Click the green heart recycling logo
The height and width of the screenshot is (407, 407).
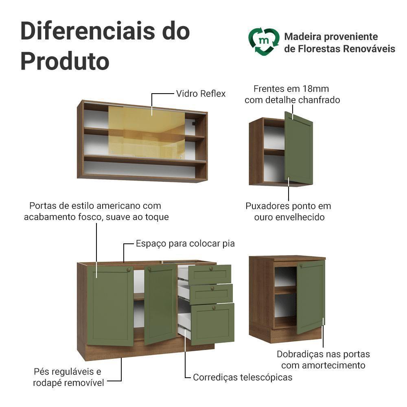coord(264,42)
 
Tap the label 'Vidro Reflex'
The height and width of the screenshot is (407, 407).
coord(201,94)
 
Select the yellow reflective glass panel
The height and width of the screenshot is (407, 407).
coord(146,133)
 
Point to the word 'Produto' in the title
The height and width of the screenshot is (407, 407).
coord(65,61)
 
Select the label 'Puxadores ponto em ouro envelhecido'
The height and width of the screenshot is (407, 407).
coord(288,211)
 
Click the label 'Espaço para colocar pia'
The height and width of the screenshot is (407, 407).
coord(185,243)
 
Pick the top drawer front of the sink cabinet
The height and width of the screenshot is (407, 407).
coord(210,274)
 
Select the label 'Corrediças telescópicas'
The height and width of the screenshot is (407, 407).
coord(243,377)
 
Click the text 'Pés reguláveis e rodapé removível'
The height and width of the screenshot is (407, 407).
coord(68,377)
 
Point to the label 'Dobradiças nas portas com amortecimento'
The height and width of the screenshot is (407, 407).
coord(323,360)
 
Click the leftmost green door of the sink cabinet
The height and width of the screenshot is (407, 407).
coord(111,305)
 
